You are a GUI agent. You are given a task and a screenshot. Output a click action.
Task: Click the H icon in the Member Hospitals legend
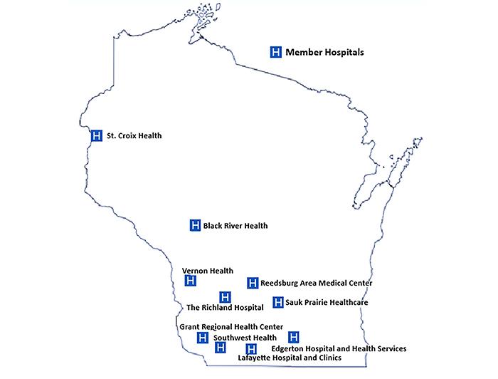[276, 52]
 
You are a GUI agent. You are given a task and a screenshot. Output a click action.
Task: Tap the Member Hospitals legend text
[324, 52]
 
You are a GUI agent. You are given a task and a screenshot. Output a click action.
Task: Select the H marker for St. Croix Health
[97, 135]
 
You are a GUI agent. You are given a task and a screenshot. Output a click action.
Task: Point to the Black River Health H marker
[195, 225]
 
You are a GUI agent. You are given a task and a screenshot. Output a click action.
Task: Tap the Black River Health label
[235, 226]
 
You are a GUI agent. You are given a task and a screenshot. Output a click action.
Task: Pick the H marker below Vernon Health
[190, 281]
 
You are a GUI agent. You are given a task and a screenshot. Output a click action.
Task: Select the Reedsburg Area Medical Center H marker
[252, 283]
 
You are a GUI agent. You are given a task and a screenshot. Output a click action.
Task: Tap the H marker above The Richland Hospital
[225, 296]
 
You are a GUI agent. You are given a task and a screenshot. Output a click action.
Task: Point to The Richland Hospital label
[225, 308]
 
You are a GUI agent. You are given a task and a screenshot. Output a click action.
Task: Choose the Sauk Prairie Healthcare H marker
[278, 302]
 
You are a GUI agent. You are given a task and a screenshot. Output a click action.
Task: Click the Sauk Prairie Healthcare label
[327, 303]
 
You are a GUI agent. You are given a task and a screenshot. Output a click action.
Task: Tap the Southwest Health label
[245, 338]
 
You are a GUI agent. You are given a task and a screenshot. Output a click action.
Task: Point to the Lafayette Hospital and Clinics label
[285, 358]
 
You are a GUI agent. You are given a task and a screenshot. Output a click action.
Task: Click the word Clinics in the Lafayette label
[327, 358]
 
